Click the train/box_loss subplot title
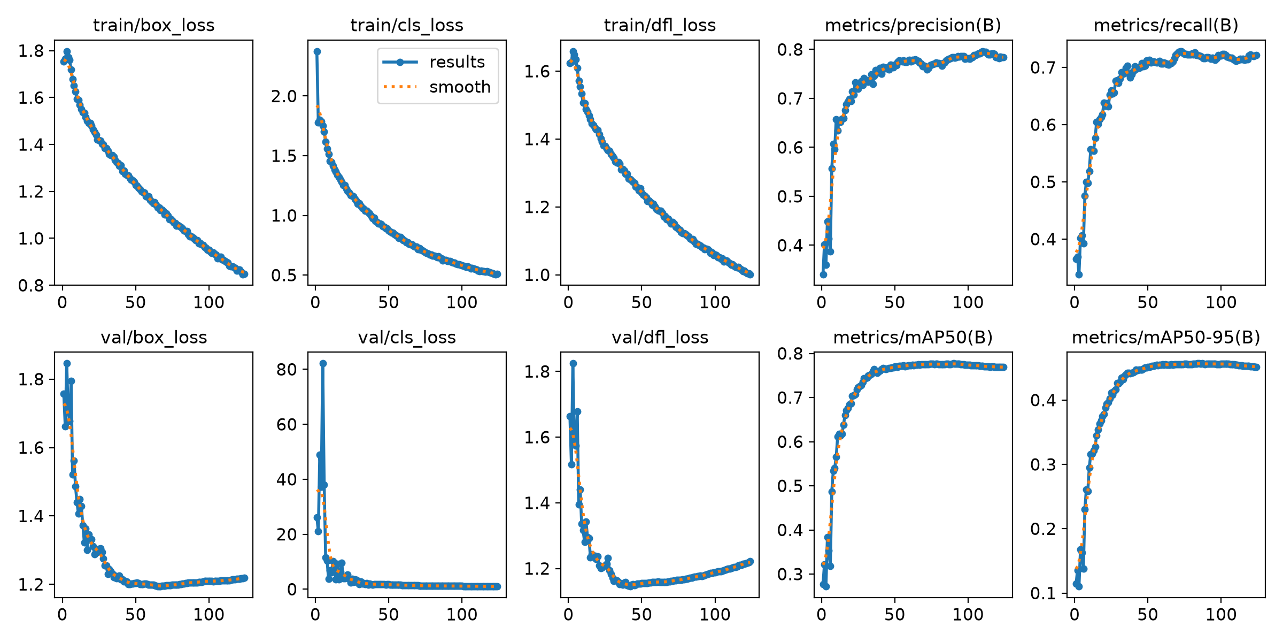153,25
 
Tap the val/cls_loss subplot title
407,338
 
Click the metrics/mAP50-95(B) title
1166,338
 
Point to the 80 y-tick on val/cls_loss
287,369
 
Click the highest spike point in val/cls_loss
323,363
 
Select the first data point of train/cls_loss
317,51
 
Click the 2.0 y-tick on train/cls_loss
284,96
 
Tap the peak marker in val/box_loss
67,363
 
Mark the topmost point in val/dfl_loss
573,363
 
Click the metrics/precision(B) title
913,25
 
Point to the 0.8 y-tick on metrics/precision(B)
791,50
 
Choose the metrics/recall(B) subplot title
1166,25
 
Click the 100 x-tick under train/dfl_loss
715,302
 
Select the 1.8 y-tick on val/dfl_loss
537,371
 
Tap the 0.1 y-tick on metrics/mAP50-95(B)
1044,593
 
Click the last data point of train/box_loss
244,274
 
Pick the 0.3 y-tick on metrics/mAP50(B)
791,575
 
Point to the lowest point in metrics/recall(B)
1079,274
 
